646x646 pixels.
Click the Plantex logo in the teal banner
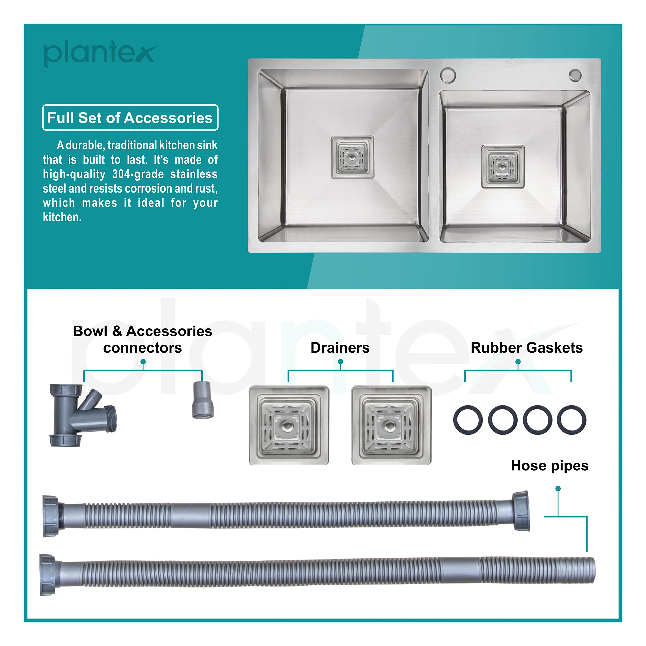click(x=101, y=53)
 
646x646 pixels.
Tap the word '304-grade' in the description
click(x=138, y=174)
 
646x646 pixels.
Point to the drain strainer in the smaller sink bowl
click(x=503, y=167)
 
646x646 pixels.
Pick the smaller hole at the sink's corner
click(x=575, y=75)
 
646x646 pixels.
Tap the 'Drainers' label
click(x=340, y=348)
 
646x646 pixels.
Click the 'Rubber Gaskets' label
click(x=527, y=348)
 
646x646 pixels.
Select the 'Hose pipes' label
click(x=550, y=466)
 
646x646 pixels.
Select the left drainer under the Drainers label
click(x=289, y=425)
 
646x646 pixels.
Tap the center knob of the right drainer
click(x=390, y=426)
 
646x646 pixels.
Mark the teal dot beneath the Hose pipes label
click(x=558, y=489)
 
